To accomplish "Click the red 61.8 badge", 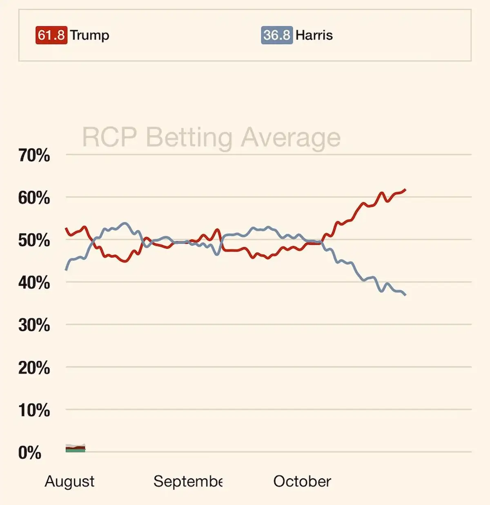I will point(51,35).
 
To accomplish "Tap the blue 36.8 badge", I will point(276,35).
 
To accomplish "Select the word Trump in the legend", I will point(89,35).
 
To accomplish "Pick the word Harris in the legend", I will point(314,35).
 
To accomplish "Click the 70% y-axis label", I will point(34,155).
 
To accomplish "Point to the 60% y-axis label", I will point(34,198).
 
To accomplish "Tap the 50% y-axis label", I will point(34,240).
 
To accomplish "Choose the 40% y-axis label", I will point(34,283).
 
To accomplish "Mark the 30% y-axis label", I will point(34,325).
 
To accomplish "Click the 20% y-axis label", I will point(34,368).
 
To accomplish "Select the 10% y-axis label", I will point(34,410).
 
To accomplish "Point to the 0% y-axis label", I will point(29,453).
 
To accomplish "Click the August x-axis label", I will point(69,481).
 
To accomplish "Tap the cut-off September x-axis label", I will point(188,481).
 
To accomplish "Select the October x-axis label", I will point(302,481).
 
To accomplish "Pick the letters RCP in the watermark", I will point(109,137).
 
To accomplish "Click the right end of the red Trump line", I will point(405,189).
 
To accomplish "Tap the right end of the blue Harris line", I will point(405,294).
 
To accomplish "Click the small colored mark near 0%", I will point(76,449).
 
